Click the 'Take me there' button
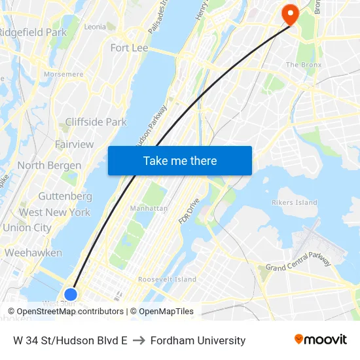[179, 160]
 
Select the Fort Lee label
[129, 48]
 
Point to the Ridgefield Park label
[33, 32]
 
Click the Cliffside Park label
[96, 122]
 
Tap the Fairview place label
[74, 144]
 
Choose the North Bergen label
[49, 166]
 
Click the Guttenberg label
[65, 196]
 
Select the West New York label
[54, 212]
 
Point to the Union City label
[27, 228]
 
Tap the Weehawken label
[33, 253]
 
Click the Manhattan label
[149, 208]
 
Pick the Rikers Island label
[294, 202]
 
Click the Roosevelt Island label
[167, 279]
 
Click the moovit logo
[320, 340]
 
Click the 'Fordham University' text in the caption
[198, 340]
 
